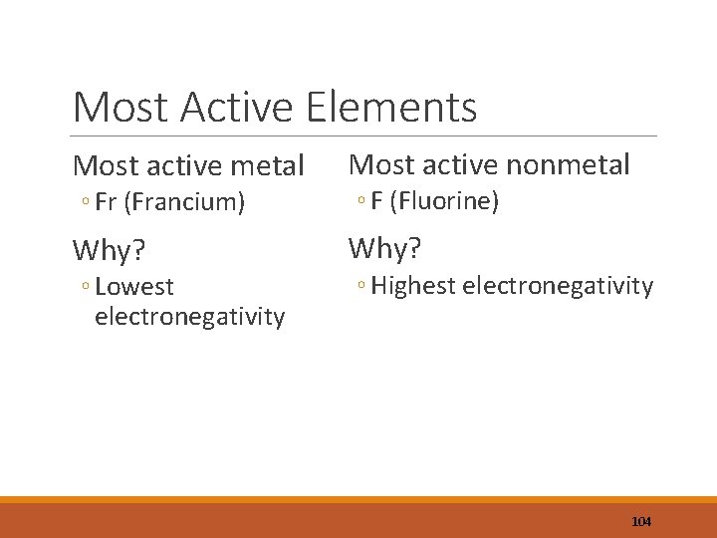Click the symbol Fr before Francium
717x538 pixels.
(x=107, y=202)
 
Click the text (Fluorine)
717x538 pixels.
(x=444, y=201)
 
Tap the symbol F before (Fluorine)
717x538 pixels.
(x=376, y=201)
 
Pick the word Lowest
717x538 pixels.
(x=134, y=287)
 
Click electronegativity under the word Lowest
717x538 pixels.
(x=189, y=317)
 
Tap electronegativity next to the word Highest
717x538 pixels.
(x=559, y=287)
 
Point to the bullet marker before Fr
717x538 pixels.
(x=87, y=203)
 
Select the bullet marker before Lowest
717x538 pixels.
(x=87, y=288)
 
